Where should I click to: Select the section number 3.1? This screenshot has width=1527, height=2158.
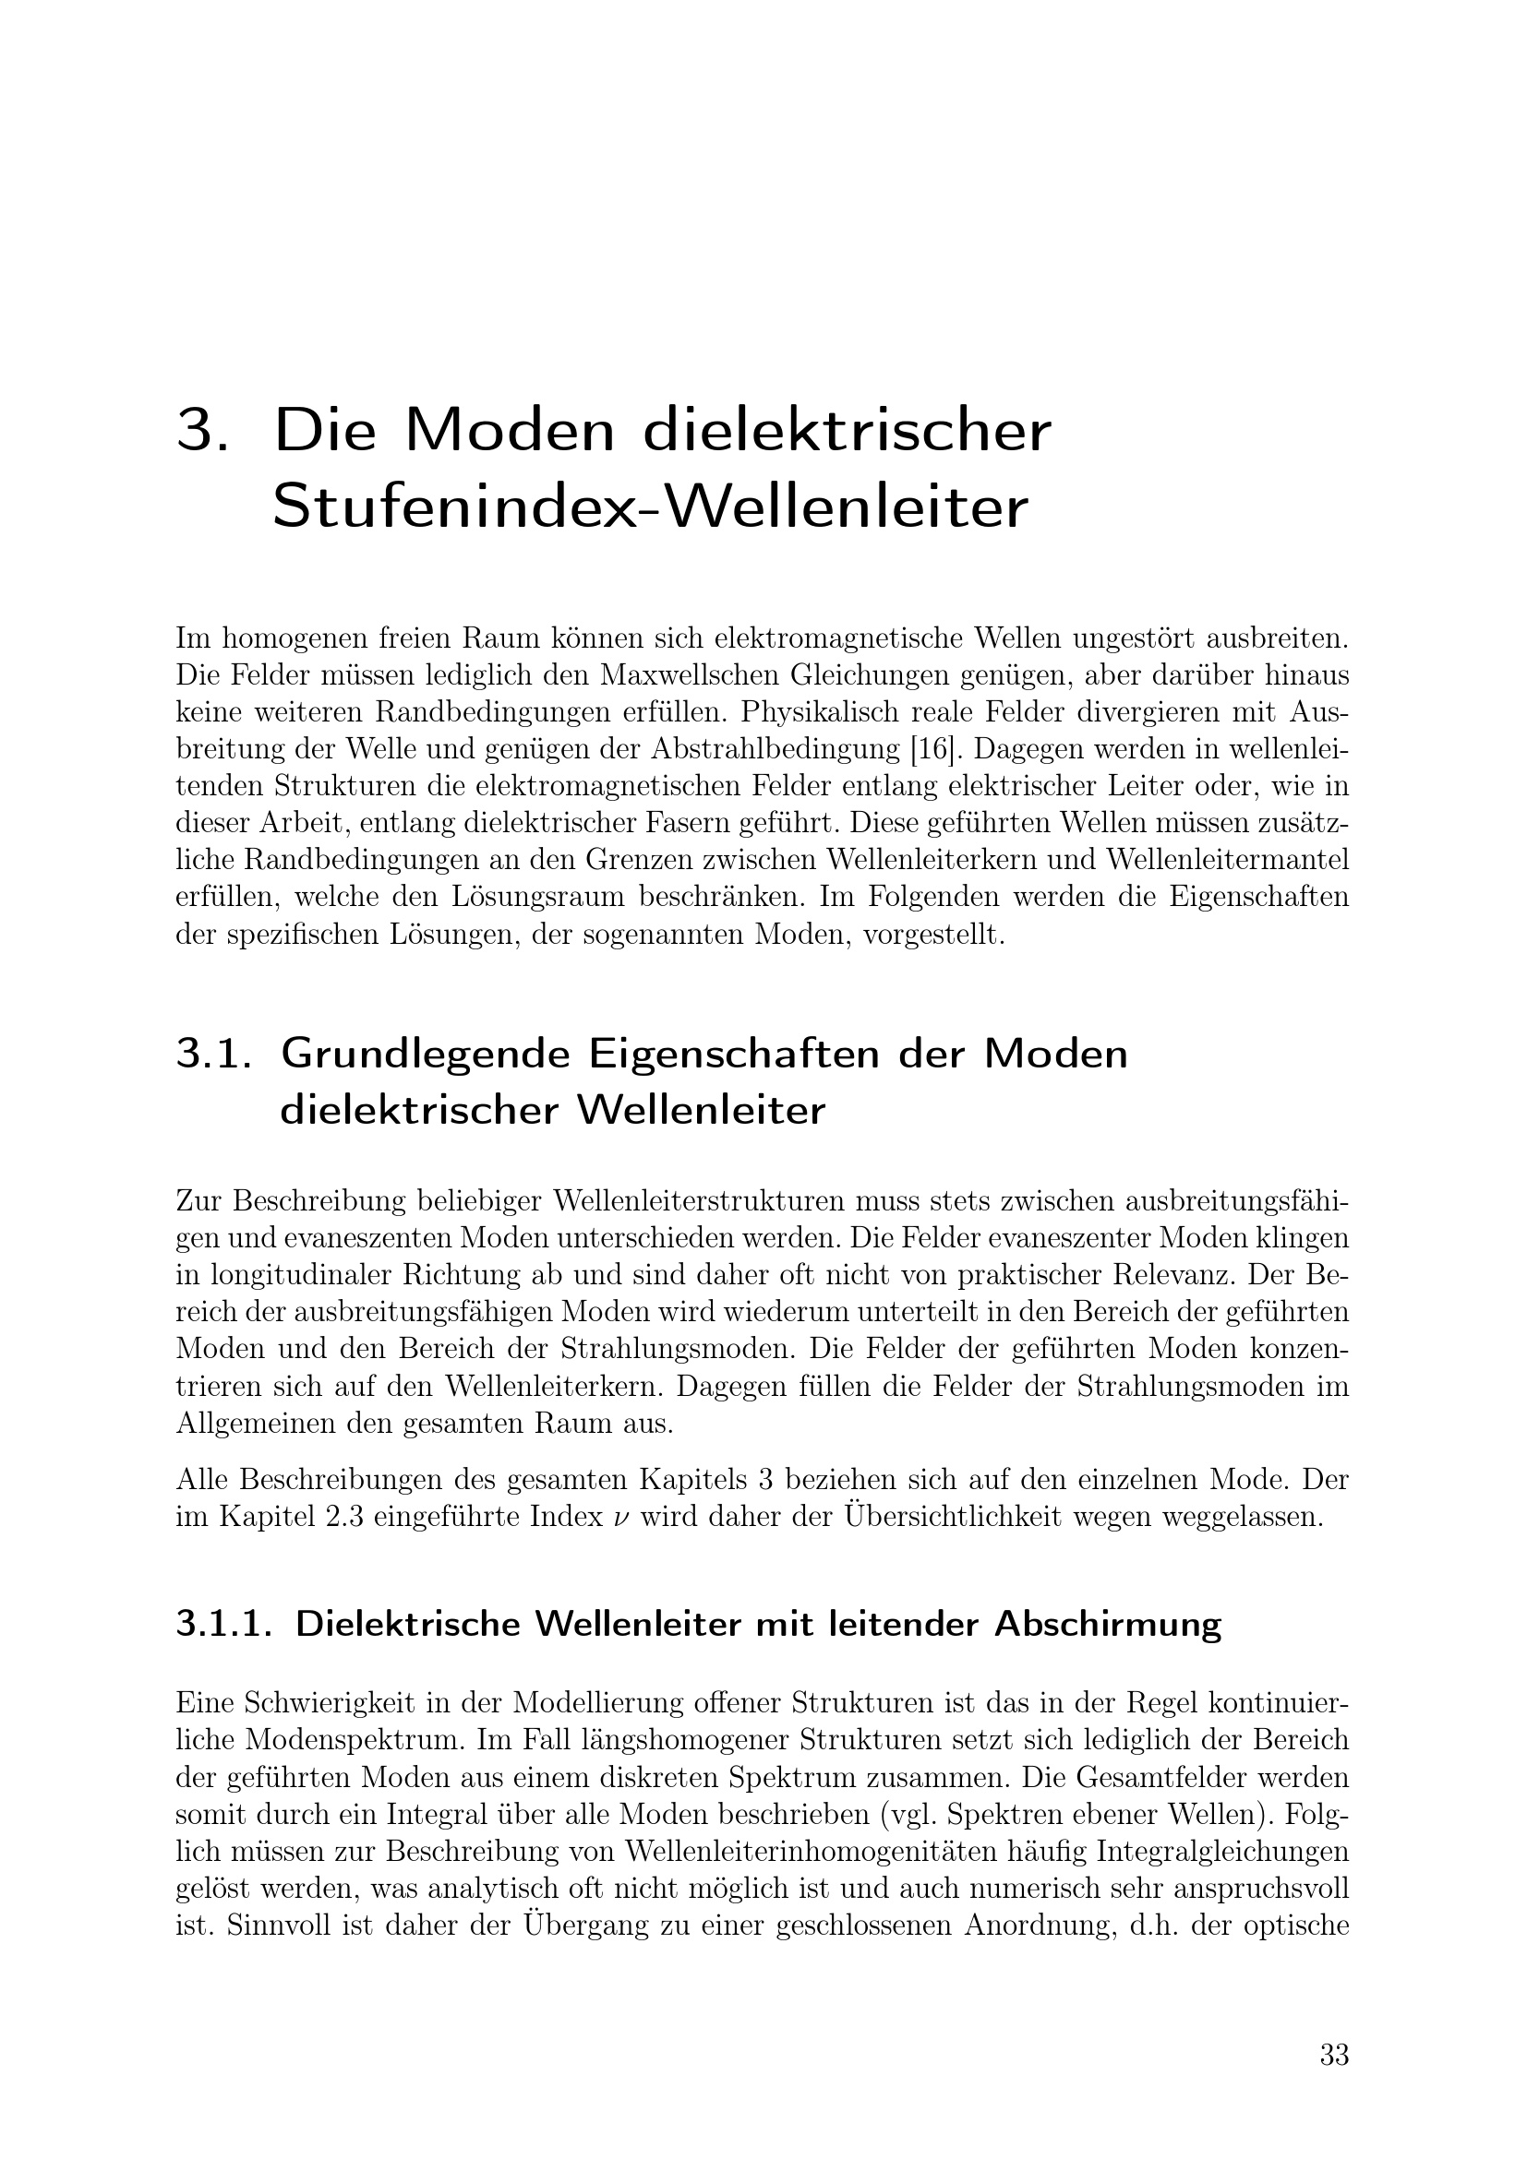214,1054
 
